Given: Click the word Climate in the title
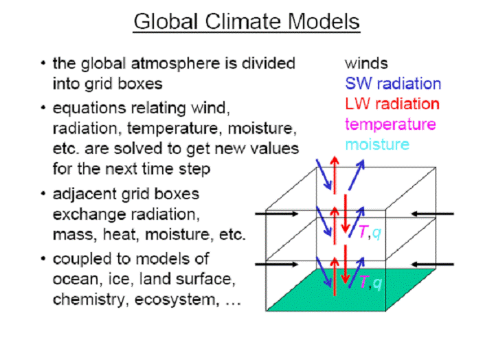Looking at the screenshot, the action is coord(243,21).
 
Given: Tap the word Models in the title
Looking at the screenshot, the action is coord(324,21).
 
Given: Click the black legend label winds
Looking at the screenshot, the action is coord(366,63).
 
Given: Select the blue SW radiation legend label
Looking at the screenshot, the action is coord(393,84).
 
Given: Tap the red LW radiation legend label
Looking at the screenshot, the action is coord(392,104).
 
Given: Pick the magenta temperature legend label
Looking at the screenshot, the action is coord(390,124).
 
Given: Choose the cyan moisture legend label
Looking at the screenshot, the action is coord(377,144).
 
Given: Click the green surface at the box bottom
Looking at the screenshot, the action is coord(351,290).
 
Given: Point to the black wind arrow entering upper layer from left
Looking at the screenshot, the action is coord(276,214).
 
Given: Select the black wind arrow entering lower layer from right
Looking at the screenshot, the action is coord(432,264).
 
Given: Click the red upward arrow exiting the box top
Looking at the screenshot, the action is coord(335,175).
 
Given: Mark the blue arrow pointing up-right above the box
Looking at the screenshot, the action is coord(357,175).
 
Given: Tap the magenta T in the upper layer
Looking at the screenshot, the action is coord(363,232).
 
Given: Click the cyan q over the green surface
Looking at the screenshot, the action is coord(377,283).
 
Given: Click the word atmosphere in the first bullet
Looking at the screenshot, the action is coord(176,63).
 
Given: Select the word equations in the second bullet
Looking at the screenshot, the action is coord(89,109).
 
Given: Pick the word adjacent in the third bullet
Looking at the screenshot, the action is coord(84,194).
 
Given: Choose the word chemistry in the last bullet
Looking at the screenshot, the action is coord(89,300).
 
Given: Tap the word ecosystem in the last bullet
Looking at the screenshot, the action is coord(177,300).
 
